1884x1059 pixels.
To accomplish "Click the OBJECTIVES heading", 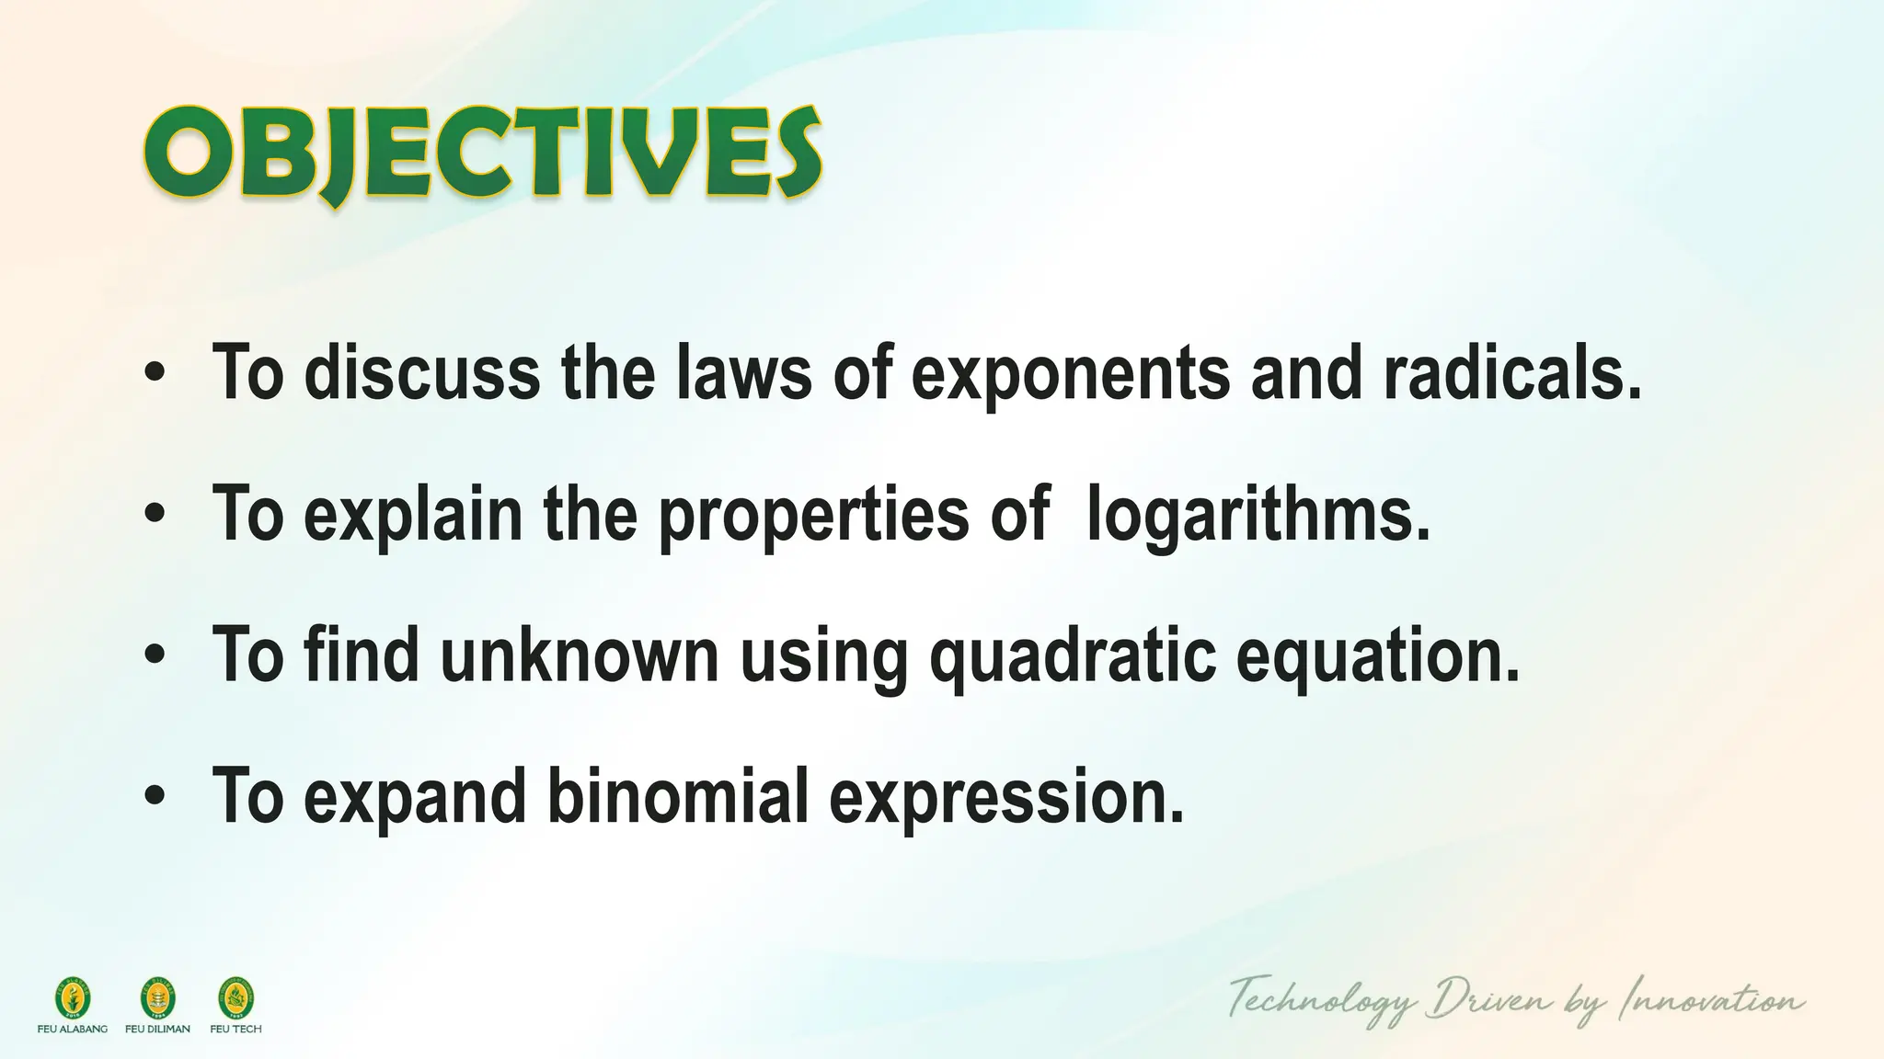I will pos(482,154).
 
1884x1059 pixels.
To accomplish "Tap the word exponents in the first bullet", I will pos(1071,373).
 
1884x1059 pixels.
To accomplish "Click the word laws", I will pos(744,373).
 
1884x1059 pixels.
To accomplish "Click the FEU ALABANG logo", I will pos(73,998).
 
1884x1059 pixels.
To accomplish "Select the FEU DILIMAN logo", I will pos(157,998).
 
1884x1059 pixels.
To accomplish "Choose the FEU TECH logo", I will pos(236,998).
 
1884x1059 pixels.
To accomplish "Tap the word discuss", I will pos(422,373).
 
